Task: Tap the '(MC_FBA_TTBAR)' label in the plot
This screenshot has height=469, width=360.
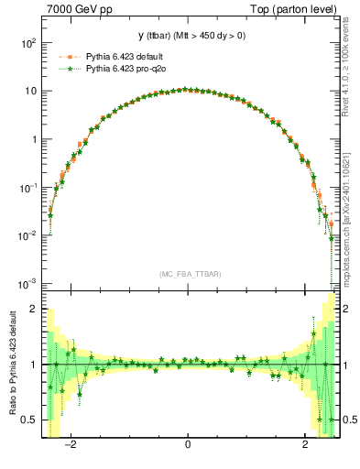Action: tap(188, 274)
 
